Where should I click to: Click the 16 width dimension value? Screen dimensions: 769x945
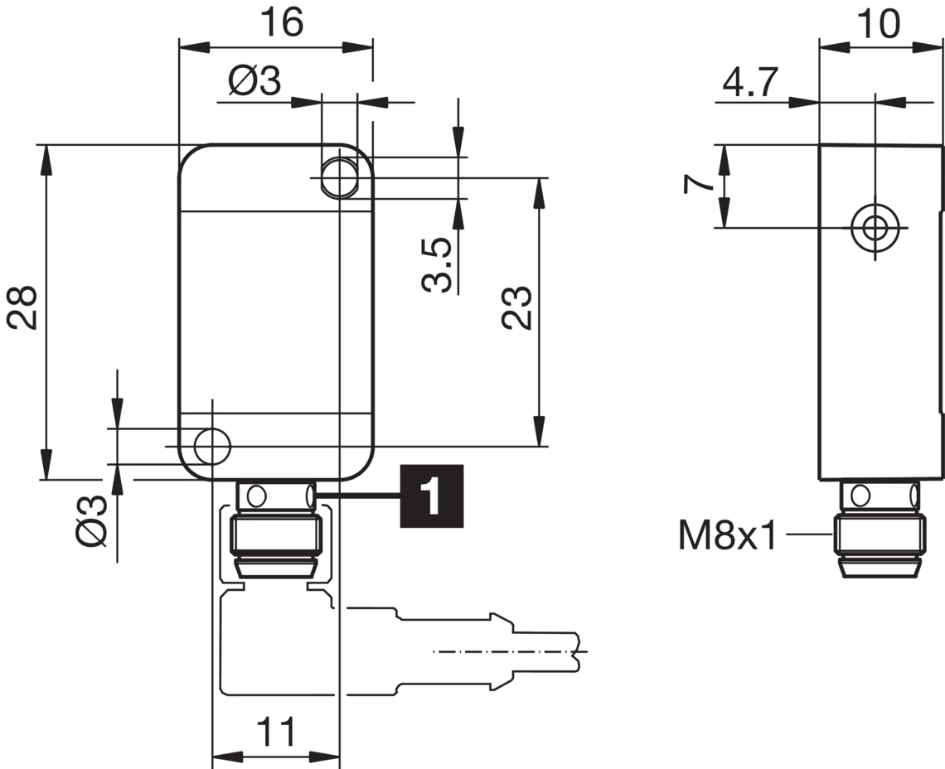coord(281,22)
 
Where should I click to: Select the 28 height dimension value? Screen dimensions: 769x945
coord(24,307)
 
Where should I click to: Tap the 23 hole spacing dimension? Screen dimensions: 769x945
coord(517,307)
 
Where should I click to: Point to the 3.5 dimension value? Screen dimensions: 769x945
coord(438,265)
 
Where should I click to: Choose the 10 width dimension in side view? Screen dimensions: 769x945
coord(878,24)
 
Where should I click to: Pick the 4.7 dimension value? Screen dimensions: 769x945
coord(750,83)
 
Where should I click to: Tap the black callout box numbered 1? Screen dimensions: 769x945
coord(431,496)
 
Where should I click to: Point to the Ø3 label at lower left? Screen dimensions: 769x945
coord(93,520)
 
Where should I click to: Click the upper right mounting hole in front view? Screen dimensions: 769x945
coord(338,177)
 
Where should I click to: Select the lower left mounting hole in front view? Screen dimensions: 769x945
coord(212,446)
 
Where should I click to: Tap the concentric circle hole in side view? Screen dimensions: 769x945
coord(875,227)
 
